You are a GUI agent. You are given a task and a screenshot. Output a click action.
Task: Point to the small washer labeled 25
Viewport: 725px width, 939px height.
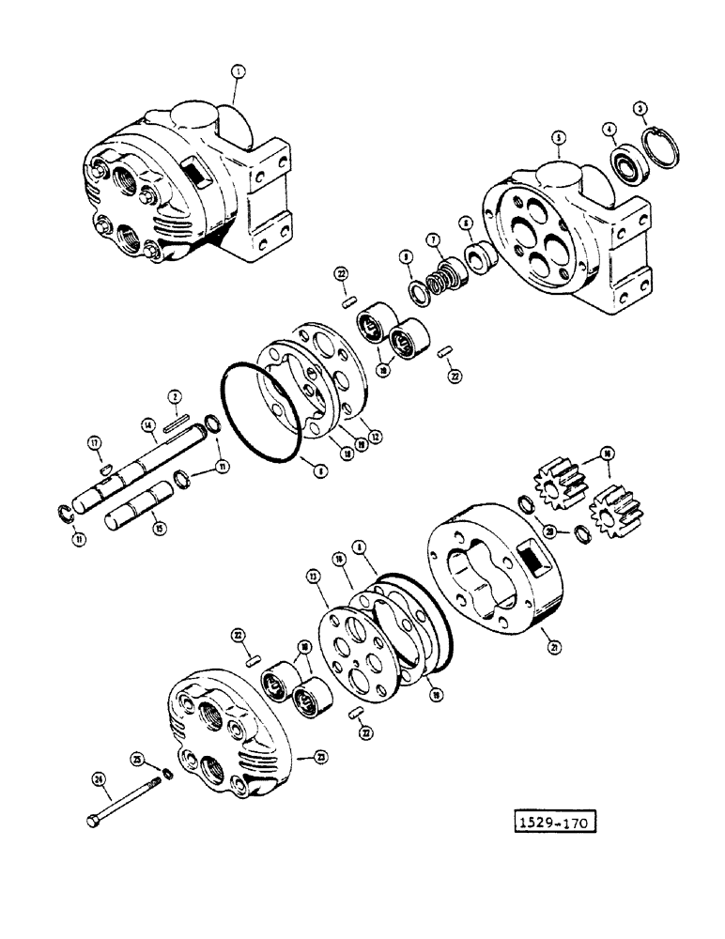pos(165,774)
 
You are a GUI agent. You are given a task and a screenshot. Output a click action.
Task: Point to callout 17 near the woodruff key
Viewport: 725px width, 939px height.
pos(95,441)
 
